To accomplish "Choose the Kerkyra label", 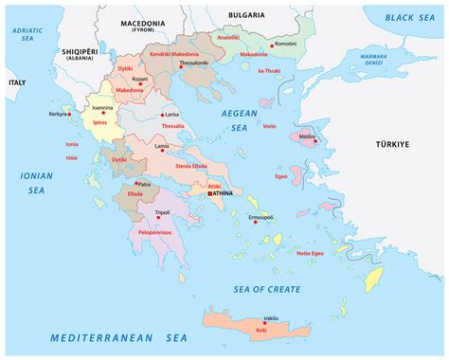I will pos(58,114).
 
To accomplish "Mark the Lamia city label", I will pos(162,147).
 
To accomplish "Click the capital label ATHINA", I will pos(222,193).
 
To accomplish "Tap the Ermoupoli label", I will pos(260,217).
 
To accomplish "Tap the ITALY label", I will pos(16,82).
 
